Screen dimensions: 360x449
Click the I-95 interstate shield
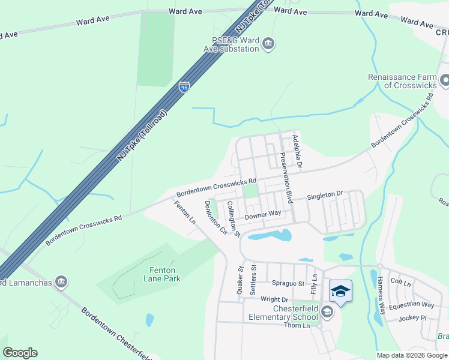click(184, 88)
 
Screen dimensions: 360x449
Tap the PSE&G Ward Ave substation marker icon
click(269, 43)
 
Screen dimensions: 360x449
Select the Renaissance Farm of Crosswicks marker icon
click(445, 80)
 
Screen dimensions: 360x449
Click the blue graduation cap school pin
click(340, 292)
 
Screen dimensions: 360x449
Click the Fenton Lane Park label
click(162, 274)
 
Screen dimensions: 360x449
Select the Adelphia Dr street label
click(297, 151)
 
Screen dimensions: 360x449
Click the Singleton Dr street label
click(324, 195)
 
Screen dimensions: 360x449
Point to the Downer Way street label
click(262, 214)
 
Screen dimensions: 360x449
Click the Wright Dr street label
click(274, 299)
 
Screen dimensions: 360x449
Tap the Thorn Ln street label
click(297, 326)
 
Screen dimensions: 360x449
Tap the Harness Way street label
click(382, 297)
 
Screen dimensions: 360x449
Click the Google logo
click(20, 353)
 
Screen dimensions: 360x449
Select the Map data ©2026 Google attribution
click(412, 355)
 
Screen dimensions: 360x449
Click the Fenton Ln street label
click(185, 212)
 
